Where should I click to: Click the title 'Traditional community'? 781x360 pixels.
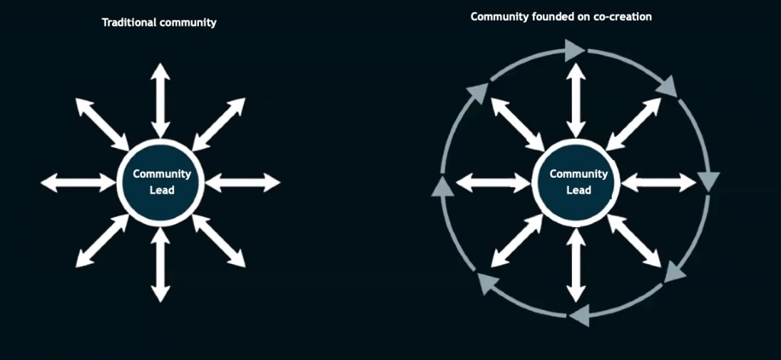[x=159, y=23]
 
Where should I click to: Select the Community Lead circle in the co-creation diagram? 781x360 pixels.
[x=578, y=182]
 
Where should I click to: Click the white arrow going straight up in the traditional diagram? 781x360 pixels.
[x=159, y=100]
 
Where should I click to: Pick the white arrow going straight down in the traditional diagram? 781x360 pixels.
[x=159, y=264]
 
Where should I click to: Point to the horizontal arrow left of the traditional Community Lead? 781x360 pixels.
[x=78, y=182]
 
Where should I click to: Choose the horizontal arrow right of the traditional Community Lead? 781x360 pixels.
[x=243, y=182]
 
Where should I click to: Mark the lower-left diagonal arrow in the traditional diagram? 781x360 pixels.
[x=102, y=240]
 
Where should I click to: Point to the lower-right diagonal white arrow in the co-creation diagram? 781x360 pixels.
[x=635, y=240]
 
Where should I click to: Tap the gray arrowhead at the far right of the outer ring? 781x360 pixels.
[x=709, y=181]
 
